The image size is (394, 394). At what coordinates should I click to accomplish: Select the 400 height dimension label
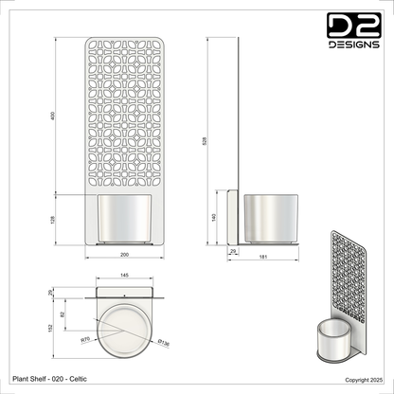click(x=54, y=116)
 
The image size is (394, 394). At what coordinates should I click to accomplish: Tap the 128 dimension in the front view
click(x=54, y=219)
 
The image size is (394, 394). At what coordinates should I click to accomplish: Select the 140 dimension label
click(x=214, y=217)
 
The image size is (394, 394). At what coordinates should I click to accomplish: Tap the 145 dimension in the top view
click(x=123, y=276)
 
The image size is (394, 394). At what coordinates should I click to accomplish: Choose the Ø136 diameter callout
click(x=163, y=342)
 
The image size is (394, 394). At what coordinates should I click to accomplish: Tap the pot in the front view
click(x=123, y=219)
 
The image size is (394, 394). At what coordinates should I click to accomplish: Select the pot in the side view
click(x=272, y=217)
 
